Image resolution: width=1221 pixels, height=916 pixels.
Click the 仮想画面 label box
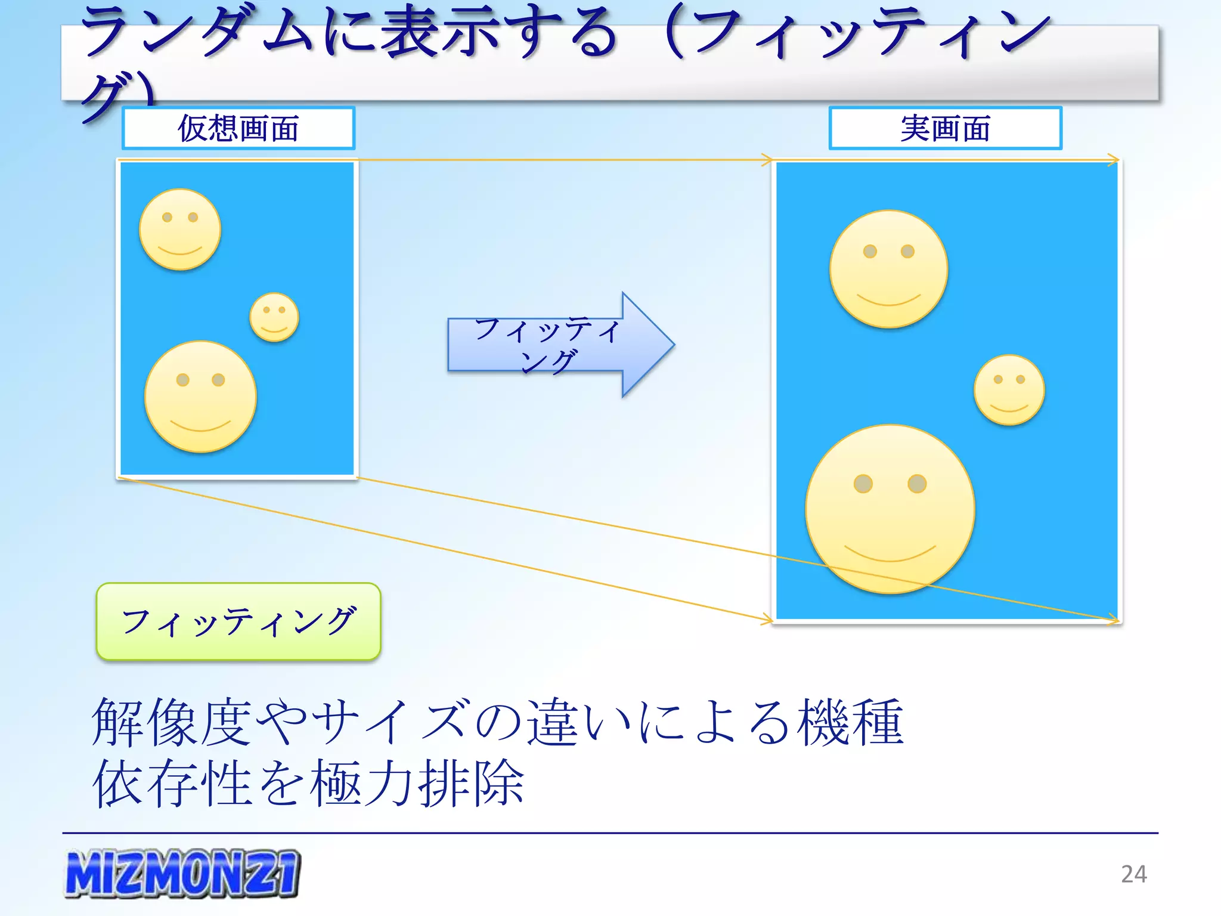pyautogui.click(x=238, y=128)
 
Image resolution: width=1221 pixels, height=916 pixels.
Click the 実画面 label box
pyautogui.click(x=945, y=128)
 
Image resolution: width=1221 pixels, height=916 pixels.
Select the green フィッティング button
pyautogui.click(x=238, y=621)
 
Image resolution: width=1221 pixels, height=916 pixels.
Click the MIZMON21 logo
pyautogui.click(x=182, y=874)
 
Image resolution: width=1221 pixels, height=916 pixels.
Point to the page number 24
pyautogui.click(x=1133, y=874)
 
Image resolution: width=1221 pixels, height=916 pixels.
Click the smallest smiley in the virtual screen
pyautogui.click(x=274, y=317)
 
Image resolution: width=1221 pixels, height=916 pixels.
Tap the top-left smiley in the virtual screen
pyautogui.click(x=180, y=230)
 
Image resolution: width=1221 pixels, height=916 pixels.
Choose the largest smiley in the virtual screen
pyautogui.click(x=201, y=397)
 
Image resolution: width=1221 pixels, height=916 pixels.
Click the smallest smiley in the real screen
pyautogui.click(x=1009, y=390)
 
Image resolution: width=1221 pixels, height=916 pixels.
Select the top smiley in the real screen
pyautogui.click(x=889, y=269)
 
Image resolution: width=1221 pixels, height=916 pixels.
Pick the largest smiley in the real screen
pyautogui.click(x=890, y=509)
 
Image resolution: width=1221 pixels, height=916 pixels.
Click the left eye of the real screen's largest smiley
pyautogui.click(x=863, y=483)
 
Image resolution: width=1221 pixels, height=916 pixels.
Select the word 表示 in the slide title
pyautogui.click(x=441, y=33)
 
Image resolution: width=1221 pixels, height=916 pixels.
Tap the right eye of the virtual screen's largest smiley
pyautogui.click(x=218, y=380)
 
